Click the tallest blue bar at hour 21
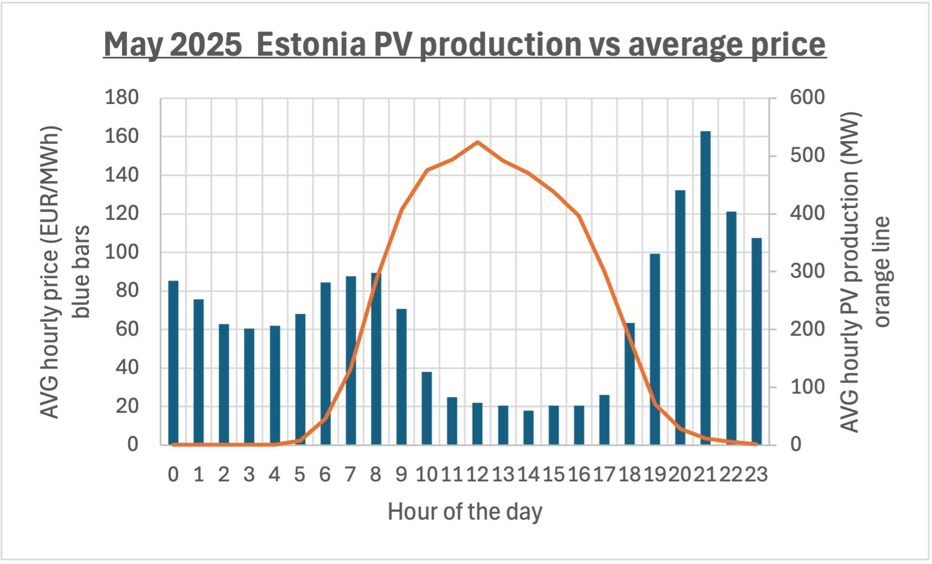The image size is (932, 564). point(705,288)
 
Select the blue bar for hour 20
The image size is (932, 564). point(680,317)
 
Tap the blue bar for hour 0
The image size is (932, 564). point(173,363)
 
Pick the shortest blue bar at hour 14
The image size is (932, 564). point(528,428)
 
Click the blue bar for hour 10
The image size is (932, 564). point(426,408)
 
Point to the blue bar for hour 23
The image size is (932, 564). point(756,341)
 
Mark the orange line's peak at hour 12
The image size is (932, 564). point(477,142)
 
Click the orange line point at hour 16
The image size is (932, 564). point(579,216)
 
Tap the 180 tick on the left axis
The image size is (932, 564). point(121,97)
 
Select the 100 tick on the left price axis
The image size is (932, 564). point(121,252)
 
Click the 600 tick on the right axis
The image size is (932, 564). point(807,97)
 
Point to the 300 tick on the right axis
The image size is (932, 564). point(807,271)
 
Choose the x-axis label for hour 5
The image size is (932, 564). point(299,475)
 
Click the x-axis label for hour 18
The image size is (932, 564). point(630,475)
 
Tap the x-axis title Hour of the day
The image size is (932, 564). point(465,512)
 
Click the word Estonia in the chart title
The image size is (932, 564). point(312,44)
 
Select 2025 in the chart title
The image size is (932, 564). point(206,44)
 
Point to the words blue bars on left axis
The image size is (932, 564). point(80,272)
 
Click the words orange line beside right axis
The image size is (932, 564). point(882,272)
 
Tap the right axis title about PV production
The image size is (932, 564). point(849,272)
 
